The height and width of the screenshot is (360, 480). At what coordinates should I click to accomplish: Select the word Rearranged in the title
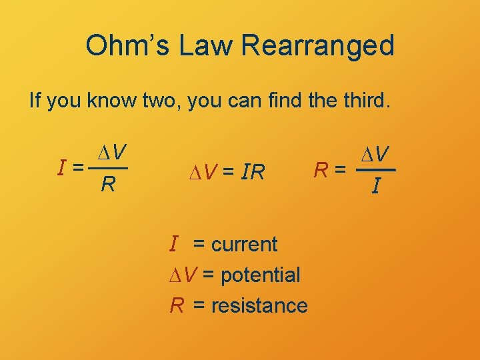click(x=318, y=46)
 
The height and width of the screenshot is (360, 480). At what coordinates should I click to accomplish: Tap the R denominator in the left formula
click(x=107, y=183)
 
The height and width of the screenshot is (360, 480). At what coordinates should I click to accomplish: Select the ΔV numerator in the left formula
click(x=112, y=153)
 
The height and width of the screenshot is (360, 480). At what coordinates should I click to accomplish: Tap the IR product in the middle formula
click(x=253, y=173)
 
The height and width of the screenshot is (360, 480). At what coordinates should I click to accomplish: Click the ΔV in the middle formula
click(x=201, y=173)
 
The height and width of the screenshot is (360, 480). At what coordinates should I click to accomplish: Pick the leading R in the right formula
click(x=321, y=171)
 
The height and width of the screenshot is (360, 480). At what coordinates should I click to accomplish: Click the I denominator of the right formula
click(x=377, y=188)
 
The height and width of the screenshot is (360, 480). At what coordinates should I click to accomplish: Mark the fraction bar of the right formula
click(x=375, y=171)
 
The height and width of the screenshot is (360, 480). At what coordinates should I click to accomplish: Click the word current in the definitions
click(x=244, y=244)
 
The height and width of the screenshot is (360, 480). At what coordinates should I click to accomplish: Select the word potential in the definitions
click(x=259, y=275)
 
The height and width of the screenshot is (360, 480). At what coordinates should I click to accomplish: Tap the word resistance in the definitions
click(x=259, y=305)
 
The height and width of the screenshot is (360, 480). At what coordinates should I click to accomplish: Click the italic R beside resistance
click(x=177, y=305)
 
